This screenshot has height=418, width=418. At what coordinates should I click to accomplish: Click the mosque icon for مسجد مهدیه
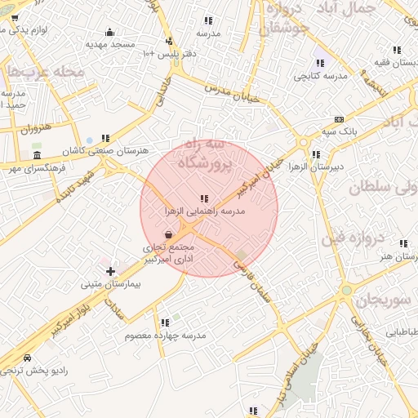click(109, 33)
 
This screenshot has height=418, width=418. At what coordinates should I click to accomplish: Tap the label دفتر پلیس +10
click(170, 53)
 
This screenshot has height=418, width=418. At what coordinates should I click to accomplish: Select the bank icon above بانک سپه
click(340, 118)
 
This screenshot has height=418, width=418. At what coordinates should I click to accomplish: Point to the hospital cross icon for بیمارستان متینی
click(111, 270)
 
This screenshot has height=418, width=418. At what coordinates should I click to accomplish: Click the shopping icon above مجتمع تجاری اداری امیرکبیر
click(168, 234)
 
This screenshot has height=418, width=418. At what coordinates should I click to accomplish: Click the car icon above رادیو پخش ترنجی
click(27, 358)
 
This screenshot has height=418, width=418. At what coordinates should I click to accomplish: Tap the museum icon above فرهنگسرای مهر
click(37, 155)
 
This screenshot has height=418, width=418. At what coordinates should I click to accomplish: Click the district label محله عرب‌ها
click(47, 72)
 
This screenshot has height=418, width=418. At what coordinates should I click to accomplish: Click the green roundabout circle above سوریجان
click(347, 290)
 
